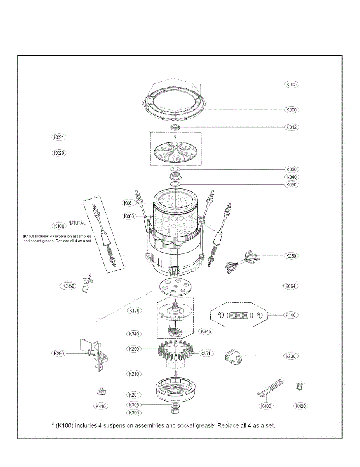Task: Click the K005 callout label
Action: click(292, 84)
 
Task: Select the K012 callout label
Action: click(292, 127)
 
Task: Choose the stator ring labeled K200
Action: click(175, 349)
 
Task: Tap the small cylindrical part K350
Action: click(86, 286)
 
